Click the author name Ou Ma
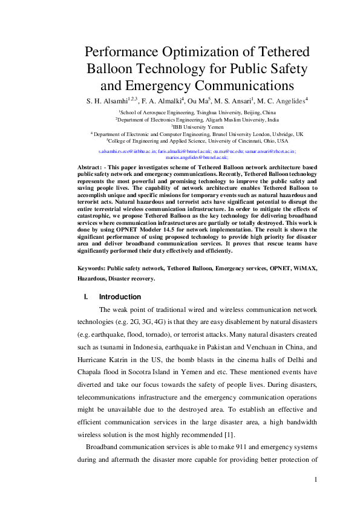198,101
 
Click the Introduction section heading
120,297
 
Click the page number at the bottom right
315,480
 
